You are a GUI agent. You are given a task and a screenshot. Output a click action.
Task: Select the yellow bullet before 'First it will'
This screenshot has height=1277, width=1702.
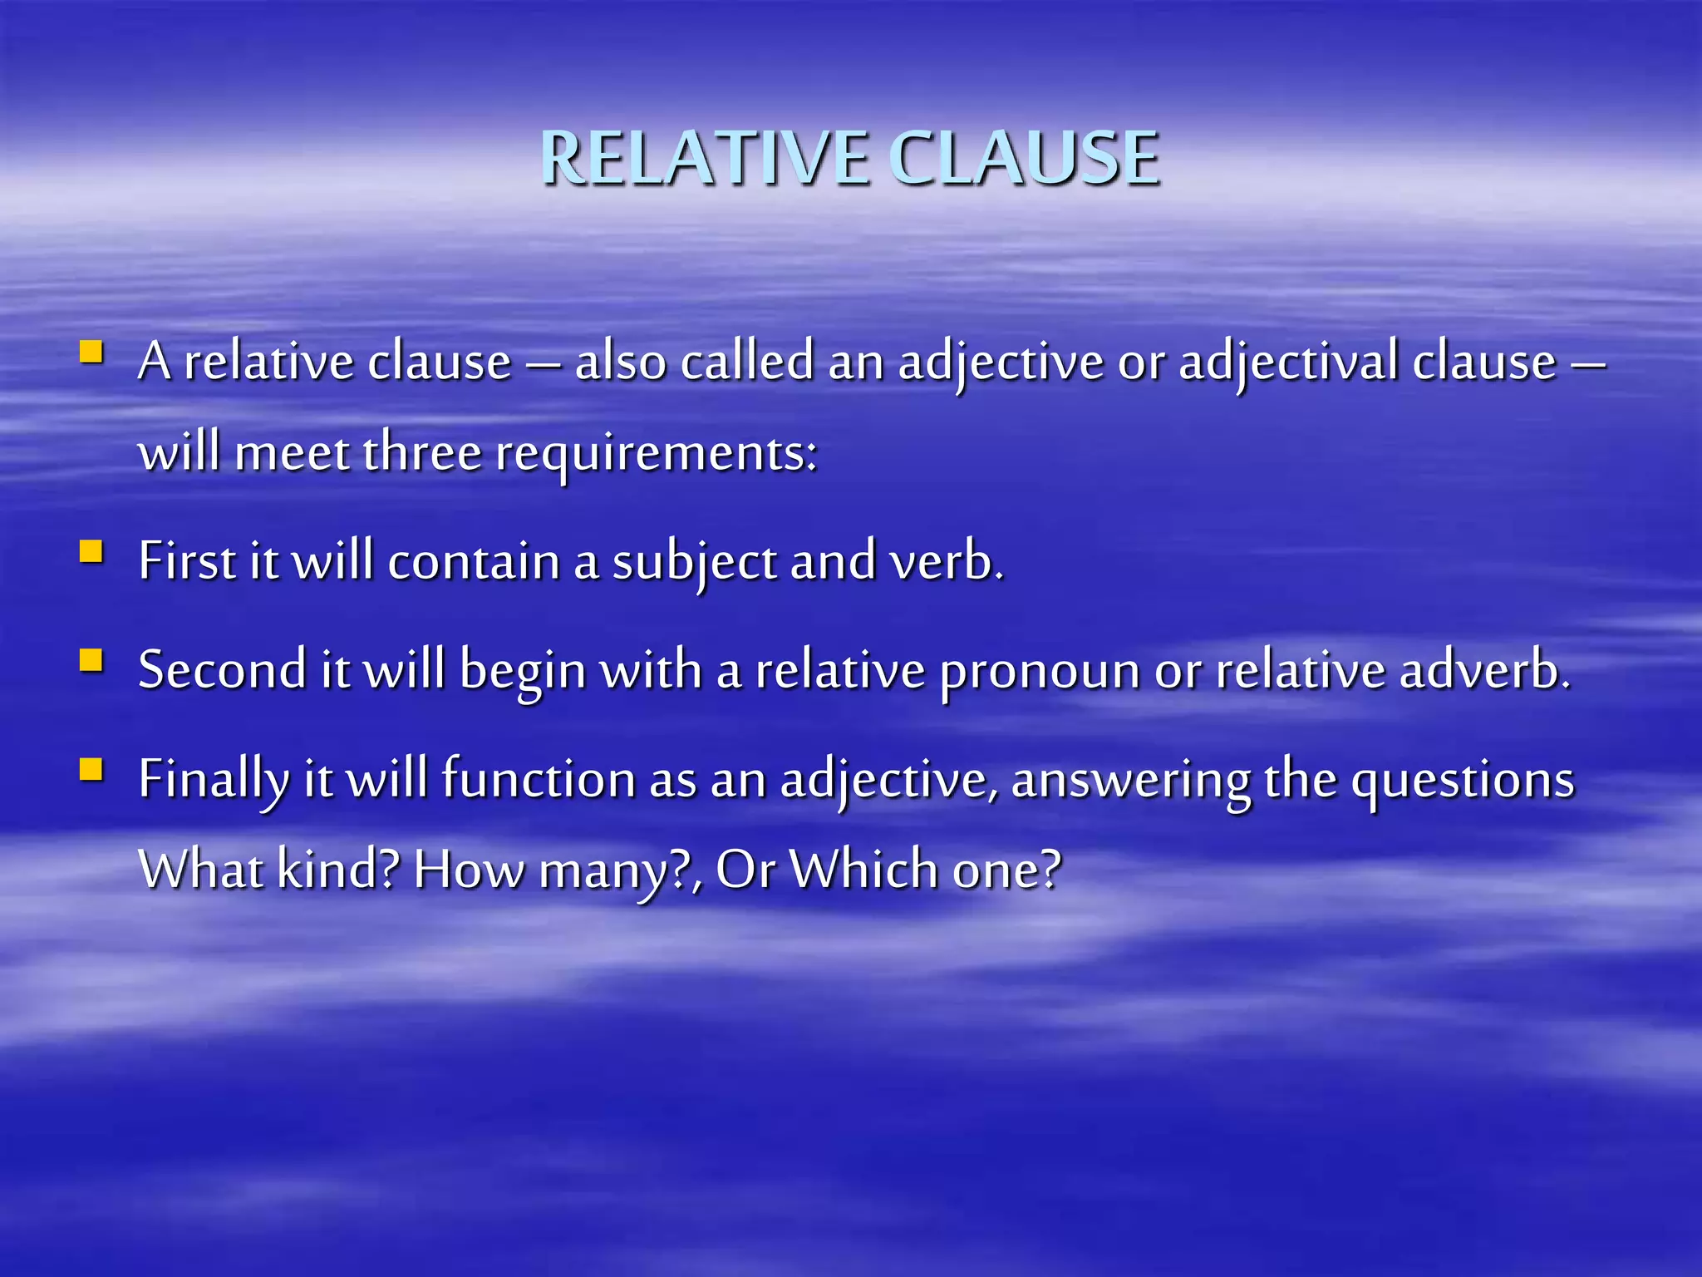click(x=91, y=551)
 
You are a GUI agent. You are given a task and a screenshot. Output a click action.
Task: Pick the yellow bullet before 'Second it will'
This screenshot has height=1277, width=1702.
click(x=91, y=660)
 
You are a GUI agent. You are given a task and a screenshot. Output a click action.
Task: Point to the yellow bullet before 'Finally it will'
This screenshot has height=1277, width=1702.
click(x=91, y=769)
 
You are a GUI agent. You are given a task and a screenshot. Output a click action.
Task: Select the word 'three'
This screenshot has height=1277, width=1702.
click(x=422, y=453)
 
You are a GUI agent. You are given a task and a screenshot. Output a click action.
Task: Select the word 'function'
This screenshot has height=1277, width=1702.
click(x=538, y=779)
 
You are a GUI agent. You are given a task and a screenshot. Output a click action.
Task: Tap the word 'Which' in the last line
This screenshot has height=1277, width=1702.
click(x=863, y=870)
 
